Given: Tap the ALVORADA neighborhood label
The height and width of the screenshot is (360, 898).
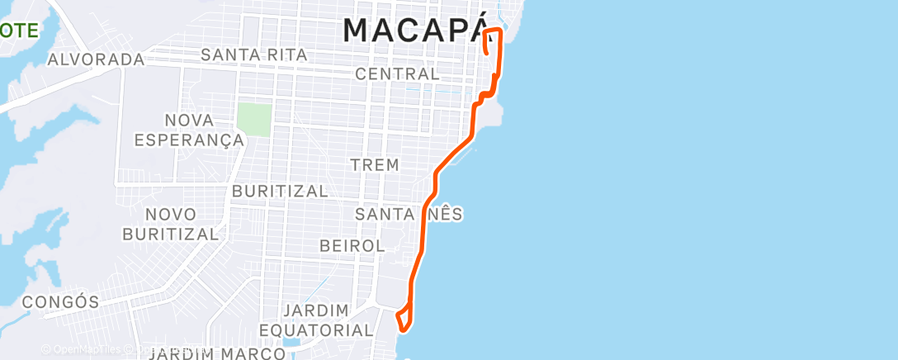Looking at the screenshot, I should tap(96, 59).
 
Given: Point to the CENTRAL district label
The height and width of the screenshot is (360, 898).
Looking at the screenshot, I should tap(397, 74).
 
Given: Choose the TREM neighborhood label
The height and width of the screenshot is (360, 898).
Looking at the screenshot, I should tap(375, 164).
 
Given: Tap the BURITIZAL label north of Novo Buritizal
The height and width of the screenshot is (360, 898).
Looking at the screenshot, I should tap(281, 191).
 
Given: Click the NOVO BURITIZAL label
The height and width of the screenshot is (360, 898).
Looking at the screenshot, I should tap(171, 224).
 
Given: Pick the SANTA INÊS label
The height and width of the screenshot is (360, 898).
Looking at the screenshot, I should tap(409, 214).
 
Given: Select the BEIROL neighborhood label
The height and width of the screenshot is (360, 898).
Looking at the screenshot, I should tap(352, 246).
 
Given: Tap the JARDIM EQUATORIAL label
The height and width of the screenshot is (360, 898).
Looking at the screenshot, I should tap(328, 320).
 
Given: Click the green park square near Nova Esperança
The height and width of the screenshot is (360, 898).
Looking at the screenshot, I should tap(253, 119).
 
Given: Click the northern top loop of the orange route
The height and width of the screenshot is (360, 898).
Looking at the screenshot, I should tap(493, 37).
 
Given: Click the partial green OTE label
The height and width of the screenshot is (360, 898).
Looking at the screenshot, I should tap(18, 31).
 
